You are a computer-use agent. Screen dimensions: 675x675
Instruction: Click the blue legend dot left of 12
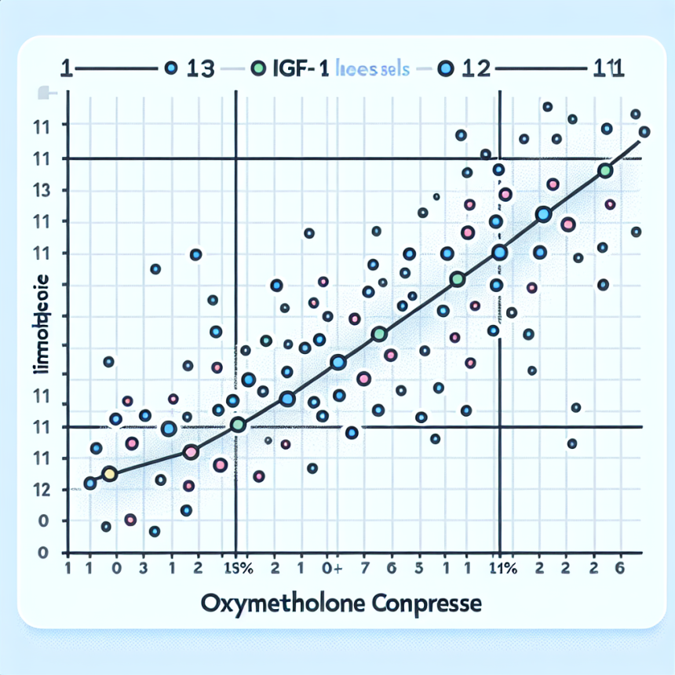446,69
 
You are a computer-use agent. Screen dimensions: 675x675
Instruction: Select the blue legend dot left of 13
170,69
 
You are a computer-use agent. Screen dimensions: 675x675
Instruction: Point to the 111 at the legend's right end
605,69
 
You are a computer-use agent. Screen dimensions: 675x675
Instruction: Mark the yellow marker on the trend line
109,473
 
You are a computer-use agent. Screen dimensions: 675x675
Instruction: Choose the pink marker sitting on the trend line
190,452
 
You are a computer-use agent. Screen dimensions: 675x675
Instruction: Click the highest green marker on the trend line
604,171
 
